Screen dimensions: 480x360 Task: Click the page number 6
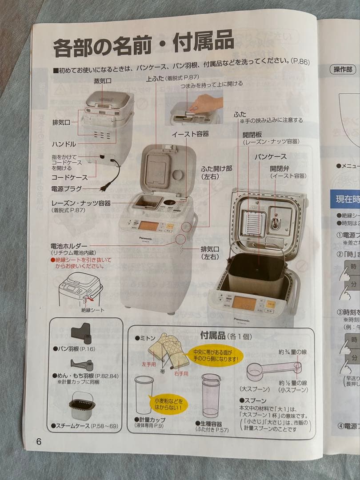(x=39, y=442)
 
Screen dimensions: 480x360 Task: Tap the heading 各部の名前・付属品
(x=143, y=44)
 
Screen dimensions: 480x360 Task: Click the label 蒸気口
(x=102, y=82)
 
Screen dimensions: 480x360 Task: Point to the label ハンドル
(x=64, y=144)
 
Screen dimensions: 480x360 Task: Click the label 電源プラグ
(x=67, y=188)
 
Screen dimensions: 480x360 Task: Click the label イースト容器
(x=190, y=133)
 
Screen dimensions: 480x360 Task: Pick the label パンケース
(x=270, y=156)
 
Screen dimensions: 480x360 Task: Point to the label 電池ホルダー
(x=69, y=246)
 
